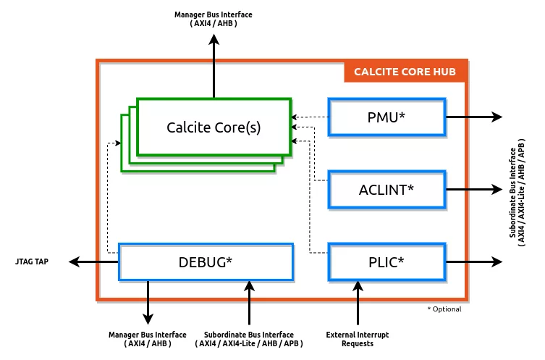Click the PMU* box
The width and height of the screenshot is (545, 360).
coord(386,117)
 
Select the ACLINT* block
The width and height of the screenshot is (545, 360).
coord(386,190)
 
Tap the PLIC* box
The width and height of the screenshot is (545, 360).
coord(386,262)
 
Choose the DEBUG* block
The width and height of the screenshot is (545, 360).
coord(206,262)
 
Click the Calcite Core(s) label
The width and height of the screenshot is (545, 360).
coord(214,127)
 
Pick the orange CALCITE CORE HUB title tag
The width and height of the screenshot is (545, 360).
coord(405,72)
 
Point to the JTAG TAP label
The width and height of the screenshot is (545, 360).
coord(32,261)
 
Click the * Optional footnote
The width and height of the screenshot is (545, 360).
coord(444,309)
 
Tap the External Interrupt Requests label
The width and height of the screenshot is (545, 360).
coord(358,338)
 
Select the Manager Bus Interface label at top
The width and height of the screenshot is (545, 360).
coord(214,19)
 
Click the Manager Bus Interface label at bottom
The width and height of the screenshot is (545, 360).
coord(148,338)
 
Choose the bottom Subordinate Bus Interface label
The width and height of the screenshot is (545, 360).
coord(249,338)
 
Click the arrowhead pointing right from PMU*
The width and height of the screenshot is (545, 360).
coord(497,117)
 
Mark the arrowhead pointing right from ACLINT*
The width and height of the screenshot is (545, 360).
coord(497,190)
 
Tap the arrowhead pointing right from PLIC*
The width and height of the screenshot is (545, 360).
coord(497,262)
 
